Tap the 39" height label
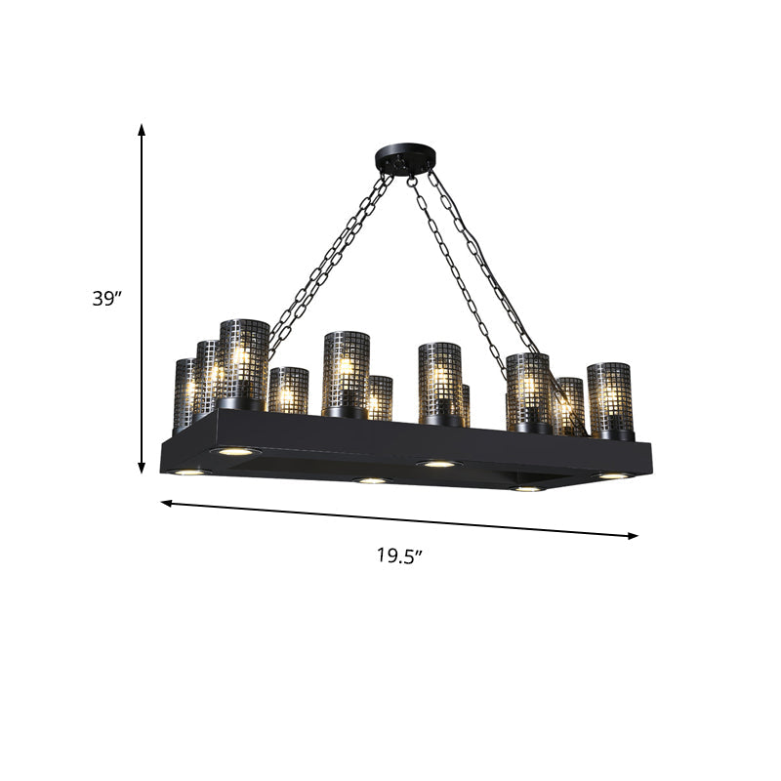(x=105, y=300)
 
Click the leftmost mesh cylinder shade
(x=184, y=392)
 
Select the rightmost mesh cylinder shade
(x=610, y=398)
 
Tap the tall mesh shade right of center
(x=440, y=381)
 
